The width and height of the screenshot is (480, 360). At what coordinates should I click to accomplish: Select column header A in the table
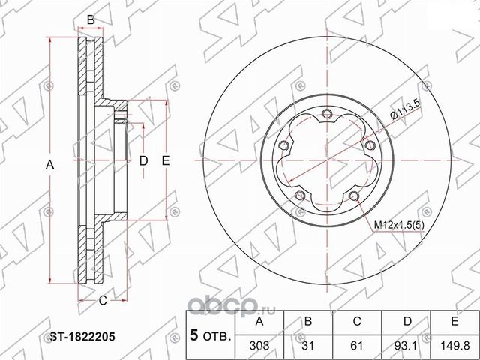point(259,322)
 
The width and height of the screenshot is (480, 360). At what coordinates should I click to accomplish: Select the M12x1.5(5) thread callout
point(398,225)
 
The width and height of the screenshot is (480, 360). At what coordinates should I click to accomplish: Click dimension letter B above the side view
point(90,19)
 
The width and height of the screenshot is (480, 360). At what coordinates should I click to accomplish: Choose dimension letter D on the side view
point(143,160)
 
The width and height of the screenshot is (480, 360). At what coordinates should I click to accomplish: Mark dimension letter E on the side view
point(166,160)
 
